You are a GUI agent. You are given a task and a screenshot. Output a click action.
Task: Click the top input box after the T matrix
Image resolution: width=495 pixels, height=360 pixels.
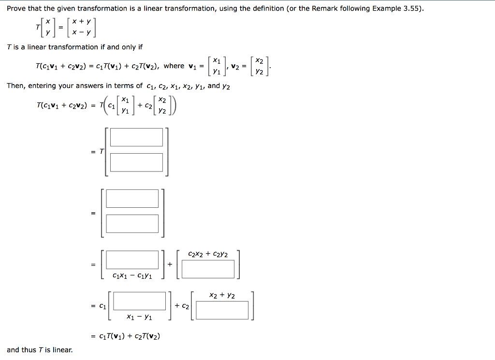click(136, 137)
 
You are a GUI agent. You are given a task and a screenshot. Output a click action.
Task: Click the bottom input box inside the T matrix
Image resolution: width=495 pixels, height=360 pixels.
click(136, 162)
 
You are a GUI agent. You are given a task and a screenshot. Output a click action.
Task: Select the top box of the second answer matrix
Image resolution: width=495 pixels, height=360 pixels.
click(132, 199)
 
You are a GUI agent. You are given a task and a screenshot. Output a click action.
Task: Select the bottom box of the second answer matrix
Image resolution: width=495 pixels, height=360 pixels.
click(132, 224)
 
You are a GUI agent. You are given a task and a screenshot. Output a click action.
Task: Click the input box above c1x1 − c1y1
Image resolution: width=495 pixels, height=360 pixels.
click(132, 259)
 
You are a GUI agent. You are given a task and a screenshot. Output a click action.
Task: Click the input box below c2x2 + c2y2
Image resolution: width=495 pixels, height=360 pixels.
click(208, 269)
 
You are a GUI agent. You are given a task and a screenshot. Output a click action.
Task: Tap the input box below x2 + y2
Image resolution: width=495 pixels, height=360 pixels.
click(222, 310)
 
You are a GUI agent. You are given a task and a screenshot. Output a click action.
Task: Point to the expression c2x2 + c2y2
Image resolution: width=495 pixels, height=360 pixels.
click(208, 254)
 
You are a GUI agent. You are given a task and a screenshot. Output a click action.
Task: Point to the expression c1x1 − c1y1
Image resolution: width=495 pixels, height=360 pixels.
click(132, 276)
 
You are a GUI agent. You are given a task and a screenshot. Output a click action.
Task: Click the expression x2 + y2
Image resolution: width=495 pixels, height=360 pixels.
click(222, 295)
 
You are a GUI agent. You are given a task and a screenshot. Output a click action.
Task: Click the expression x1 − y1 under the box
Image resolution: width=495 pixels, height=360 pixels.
click(139, 317)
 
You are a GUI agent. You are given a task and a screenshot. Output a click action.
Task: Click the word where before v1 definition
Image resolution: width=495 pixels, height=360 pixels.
click(174, 66)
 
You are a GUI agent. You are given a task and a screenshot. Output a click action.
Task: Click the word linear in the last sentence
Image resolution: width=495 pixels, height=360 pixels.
click(63, 350)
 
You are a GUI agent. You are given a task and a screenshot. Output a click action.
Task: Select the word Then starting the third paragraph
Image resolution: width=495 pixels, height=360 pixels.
click(15, 86)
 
